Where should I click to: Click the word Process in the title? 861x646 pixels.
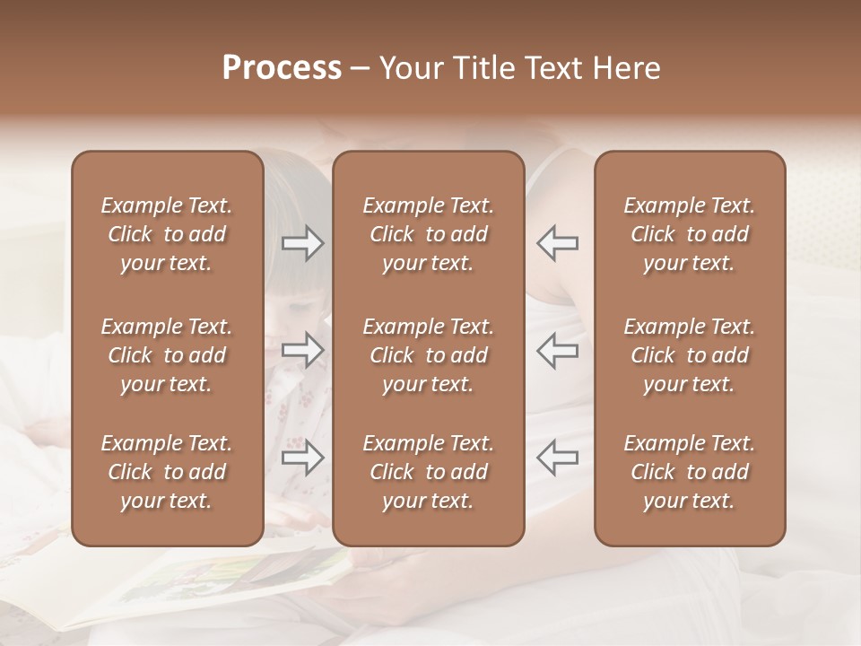(x=282, y=68)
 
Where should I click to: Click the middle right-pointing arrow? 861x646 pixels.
(x=303, y=350)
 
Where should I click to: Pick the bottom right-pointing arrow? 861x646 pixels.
(x=303, y=458)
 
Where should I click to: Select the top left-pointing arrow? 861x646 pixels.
(x=557, y=243)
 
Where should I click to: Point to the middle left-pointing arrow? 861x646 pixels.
(x=557, y=350)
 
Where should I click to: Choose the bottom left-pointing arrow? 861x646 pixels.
(x=557, y=458)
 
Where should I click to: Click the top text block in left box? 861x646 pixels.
(x=167, y=234)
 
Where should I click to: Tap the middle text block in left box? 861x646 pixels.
(x=167, y=355)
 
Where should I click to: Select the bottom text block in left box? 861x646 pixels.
(x=167, y=472)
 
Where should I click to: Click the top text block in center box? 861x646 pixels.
(x=429, y=234)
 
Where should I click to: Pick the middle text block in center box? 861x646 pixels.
(x=429, y=355)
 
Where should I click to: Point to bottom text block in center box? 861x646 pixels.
(x=429, y=472)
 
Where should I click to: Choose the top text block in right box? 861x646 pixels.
(x=690, y=234)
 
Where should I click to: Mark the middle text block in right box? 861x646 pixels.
(x=690, y=355)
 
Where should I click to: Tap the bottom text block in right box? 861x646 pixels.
(x=690, y=472)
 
